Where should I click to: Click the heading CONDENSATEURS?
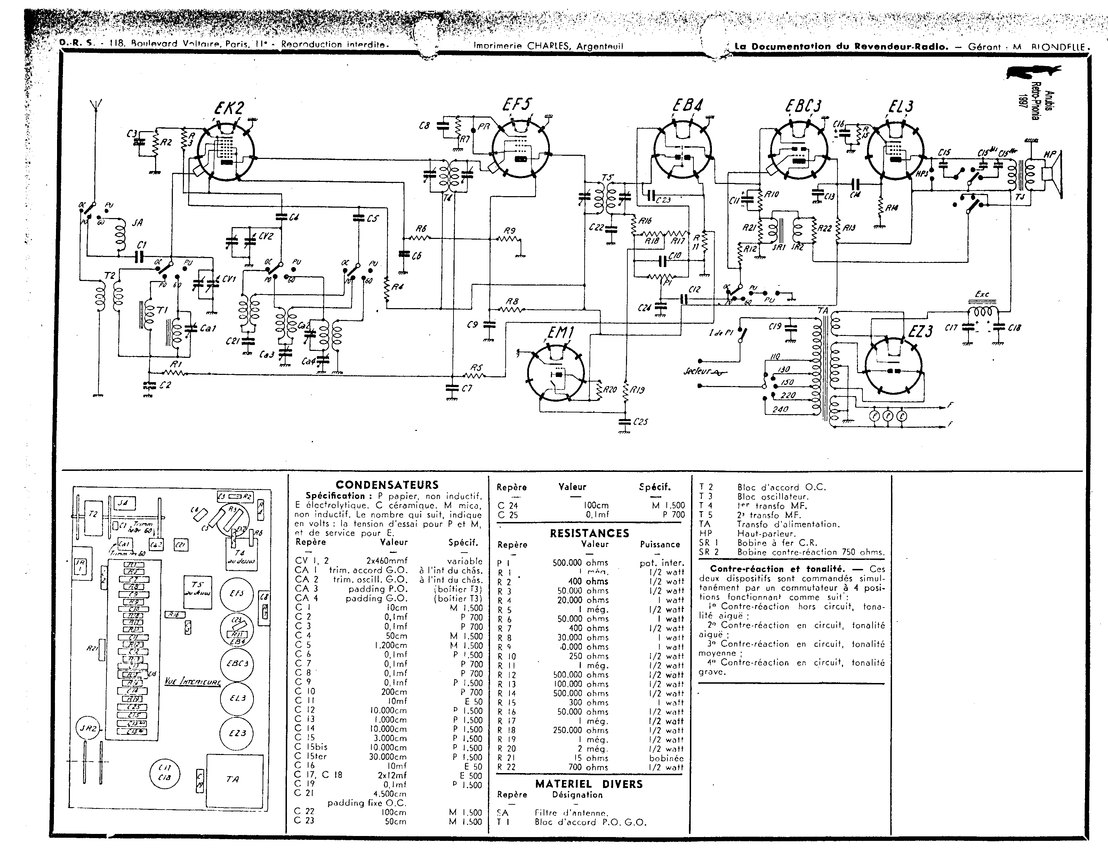pyautogui.click(x=387, y=485)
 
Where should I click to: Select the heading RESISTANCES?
pyautogui.click(x=589, y=533)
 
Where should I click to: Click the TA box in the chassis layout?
pyautogui.click(x=234, y=779)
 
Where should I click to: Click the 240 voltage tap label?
pyautogui.click(x=780, y=409)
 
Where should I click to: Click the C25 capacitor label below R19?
pyautogui.click(x=640, y=422)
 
